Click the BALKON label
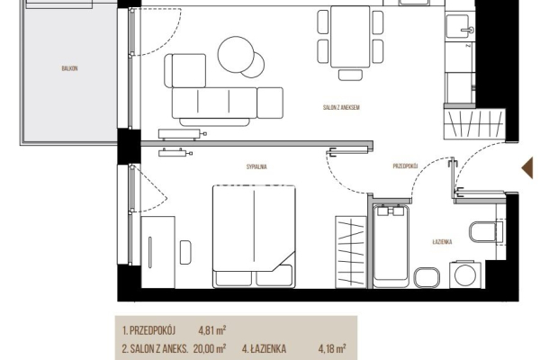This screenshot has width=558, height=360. (69, 68)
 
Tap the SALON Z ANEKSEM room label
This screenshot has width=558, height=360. (341, 107)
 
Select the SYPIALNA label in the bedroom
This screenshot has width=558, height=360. (256, 166)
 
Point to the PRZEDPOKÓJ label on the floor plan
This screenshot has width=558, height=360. (405, 166)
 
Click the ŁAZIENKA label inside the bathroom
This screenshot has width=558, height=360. (442, 242)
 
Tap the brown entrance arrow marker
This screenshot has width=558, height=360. (527, 167)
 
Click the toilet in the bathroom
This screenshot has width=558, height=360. (485, 232)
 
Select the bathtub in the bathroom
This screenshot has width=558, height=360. (391, 246)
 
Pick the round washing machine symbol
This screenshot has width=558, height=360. (465, 274)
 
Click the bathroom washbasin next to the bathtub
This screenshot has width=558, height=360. (427, 277)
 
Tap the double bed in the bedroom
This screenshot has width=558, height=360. (254, 236)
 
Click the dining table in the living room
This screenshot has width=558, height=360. (350, 37)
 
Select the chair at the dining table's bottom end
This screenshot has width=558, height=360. (350, 75)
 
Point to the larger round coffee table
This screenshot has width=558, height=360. (236, 54)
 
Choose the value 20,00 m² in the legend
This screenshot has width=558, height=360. (209, 348)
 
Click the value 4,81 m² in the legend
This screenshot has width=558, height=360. (212, 330)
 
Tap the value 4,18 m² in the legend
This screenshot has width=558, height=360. (332, 348)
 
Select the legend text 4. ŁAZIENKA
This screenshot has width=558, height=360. (264, 348)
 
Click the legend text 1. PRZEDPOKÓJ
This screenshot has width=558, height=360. (148, 330)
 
